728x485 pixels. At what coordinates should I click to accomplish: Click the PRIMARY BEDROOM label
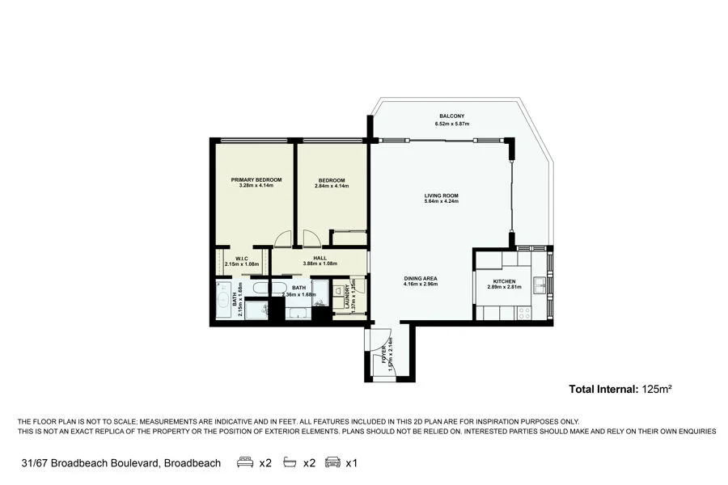click(x=256, y=179)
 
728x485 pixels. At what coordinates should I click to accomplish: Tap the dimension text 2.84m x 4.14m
click(x=331, y=186)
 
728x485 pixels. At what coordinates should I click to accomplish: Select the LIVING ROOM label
click(x=441, y=195)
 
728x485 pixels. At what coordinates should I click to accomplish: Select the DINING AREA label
click(x=421, y=278)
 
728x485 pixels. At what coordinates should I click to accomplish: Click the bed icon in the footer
click(x=244, y=463)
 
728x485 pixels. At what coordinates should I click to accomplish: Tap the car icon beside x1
click(x=332, y=463)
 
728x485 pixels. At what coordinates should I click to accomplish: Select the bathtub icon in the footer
click(x=288, y=463)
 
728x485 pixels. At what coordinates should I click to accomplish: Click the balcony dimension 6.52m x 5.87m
click(x=451, y=124)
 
